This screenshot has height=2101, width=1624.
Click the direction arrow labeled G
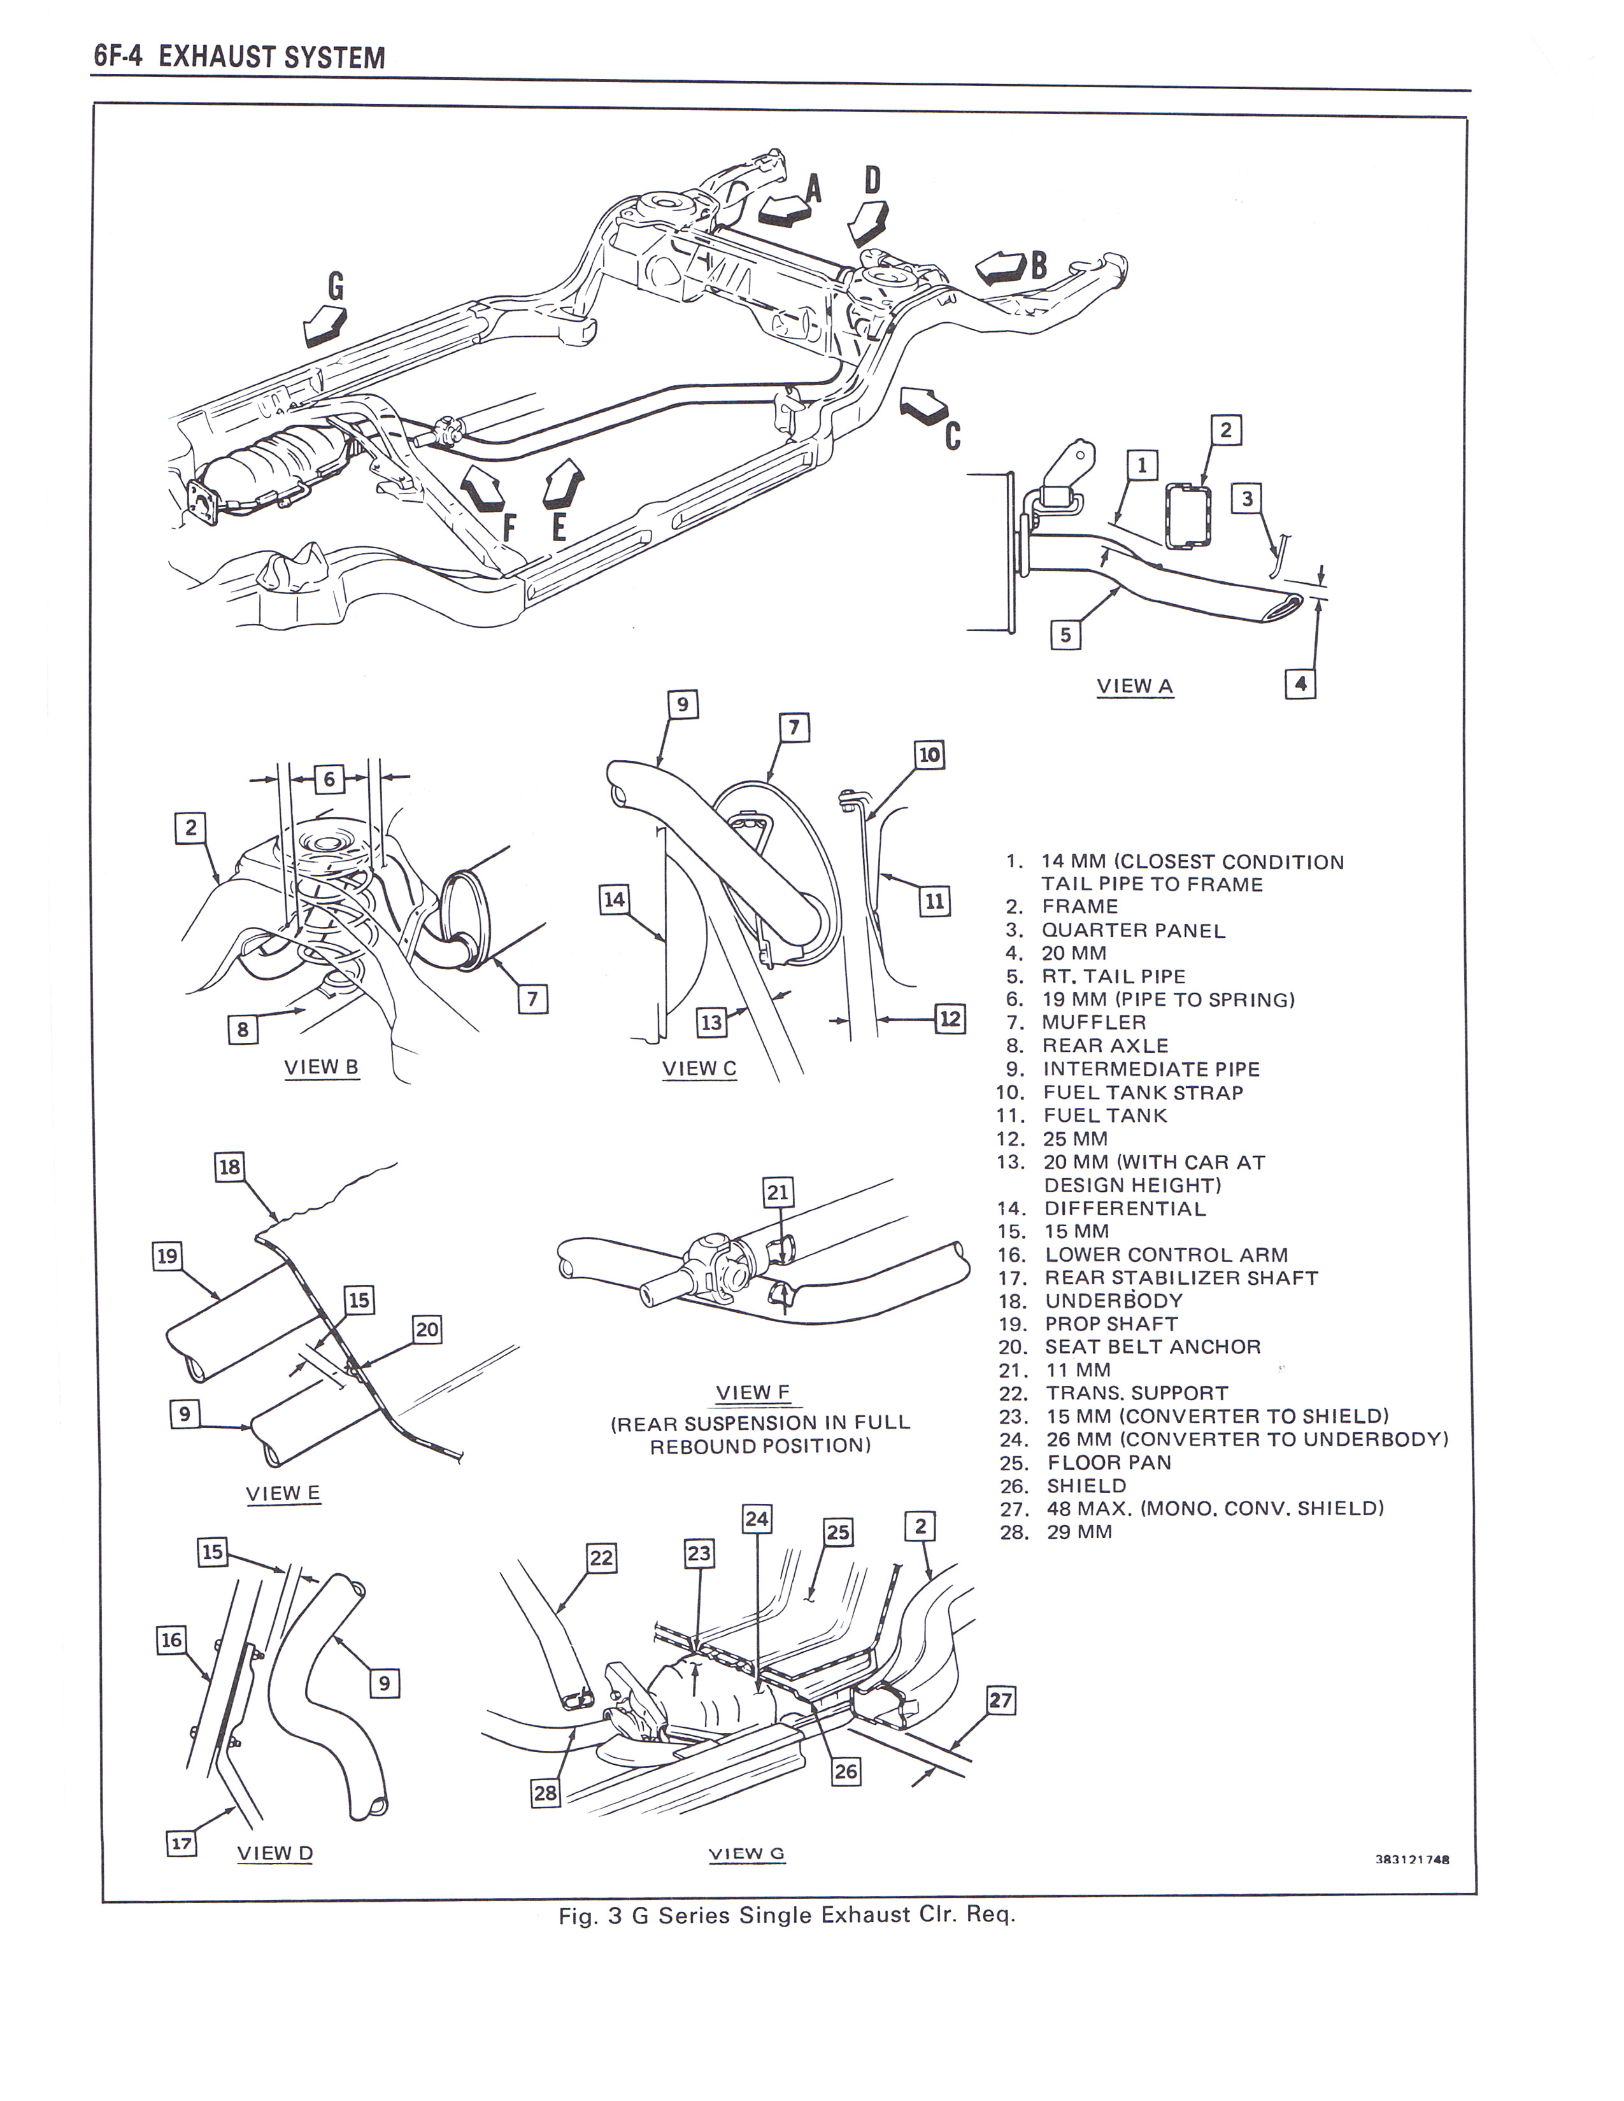coord(324,325)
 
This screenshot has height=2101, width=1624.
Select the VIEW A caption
coord(1134,686)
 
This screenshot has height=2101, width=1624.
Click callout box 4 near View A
coord(1300,684)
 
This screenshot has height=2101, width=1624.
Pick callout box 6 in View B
coord(328,778)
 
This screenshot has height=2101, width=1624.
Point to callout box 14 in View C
coord(614,900)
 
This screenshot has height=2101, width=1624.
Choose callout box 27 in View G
coord(1001,1700)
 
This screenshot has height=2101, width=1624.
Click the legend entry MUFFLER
coord(1093,1022)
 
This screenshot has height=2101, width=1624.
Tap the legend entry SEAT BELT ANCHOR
coord(1151,1347)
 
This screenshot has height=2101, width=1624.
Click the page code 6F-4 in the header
coord(117,57)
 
